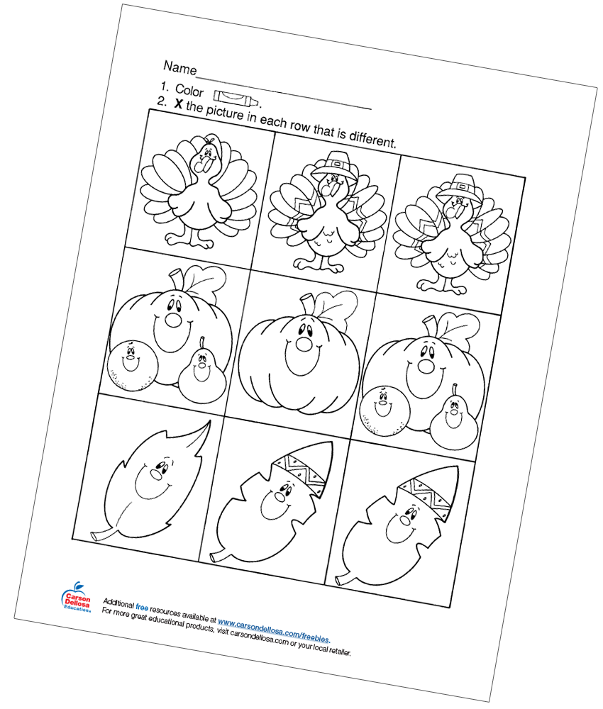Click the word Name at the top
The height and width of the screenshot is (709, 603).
click(x=179, y=68)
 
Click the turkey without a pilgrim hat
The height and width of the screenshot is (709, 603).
click(x=199, y=191)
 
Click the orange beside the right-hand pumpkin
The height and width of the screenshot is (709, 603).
click(x=383, y=410)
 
